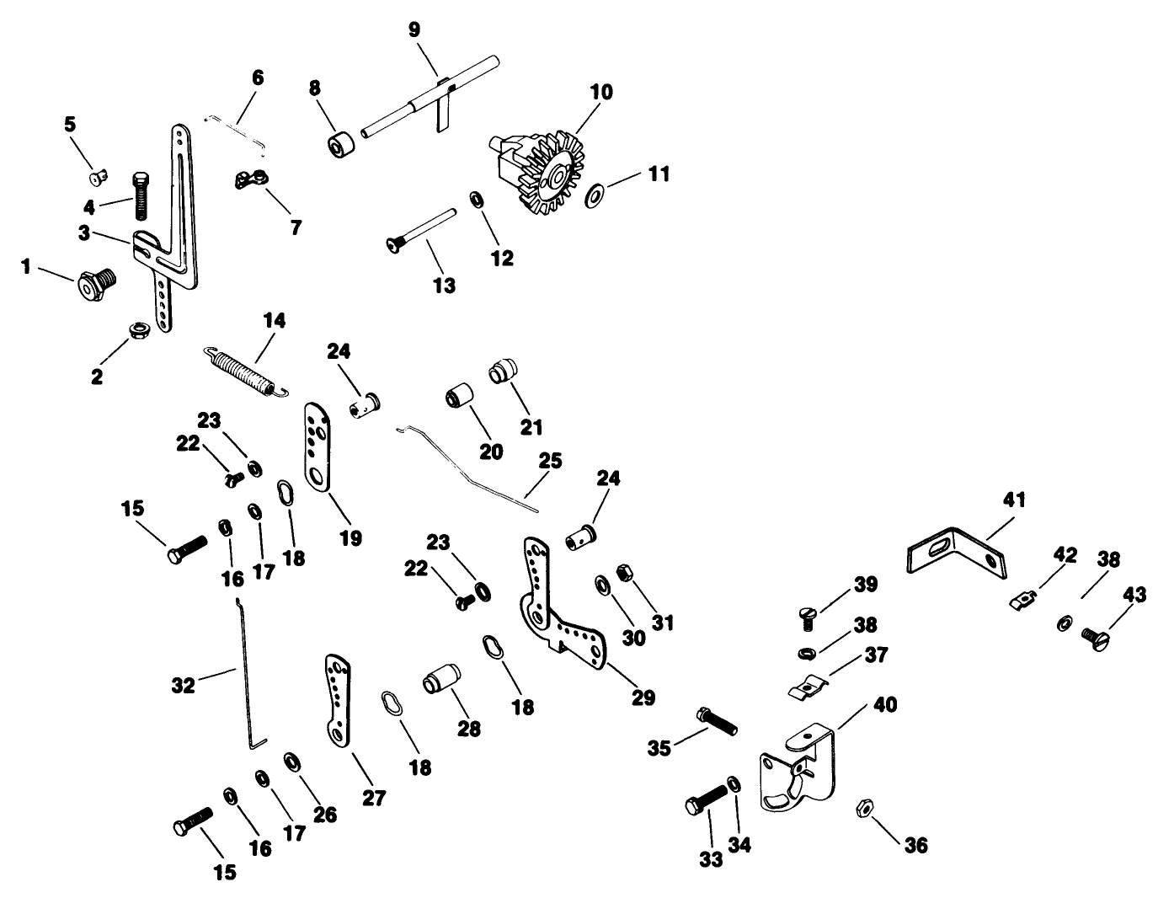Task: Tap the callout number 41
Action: tap(1014, 500)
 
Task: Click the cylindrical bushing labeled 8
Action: tap(342, 144)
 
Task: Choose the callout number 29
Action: tap(643, 698)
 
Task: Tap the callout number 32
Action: tap(183, 685)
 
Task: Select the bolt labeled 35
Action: tap(716, 720)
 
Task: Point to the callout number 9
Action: tap(414, 29)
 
